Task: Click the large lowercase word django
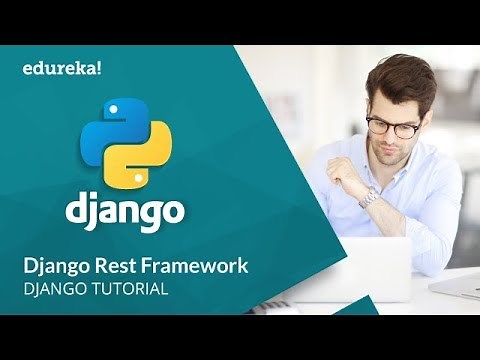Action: pyautogui.click(x=125, y=211)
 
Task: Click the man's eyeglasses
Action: pyautogui.click(x=393, y=125)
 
